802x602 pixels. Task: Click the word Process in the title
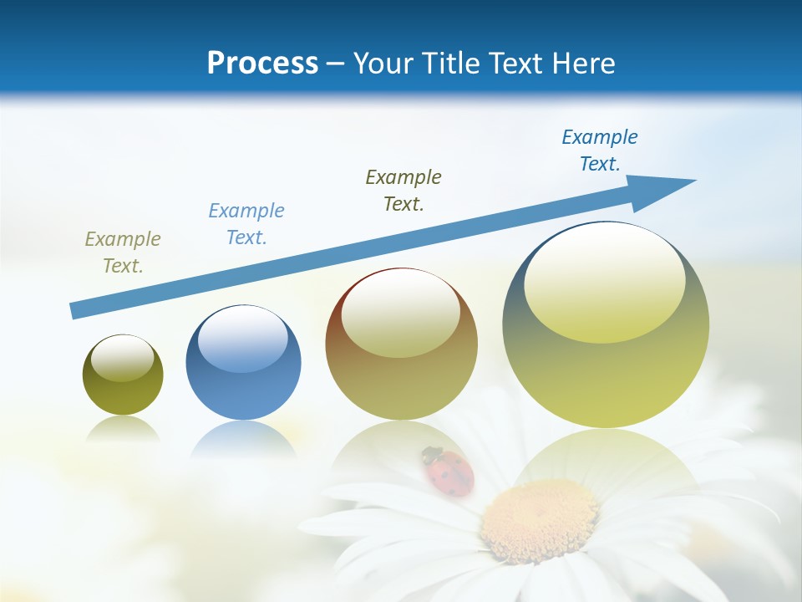click(x=262, y=64)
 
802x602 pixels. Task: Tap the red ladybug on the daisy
click(x=449, y=472)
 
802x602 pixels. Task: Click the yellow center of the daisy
click(x=540, y=518)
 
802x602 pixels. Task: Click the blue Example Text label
click(x=246, y=223)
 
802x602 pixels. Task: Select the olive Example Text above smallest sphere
click(x=123, y=252)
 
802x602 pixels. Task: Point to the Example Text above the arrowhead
click(x=600, y=150)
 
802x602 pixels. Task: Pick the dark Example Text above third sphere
click(x=404, y=190)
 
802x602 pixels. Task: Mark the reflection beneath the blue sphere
click(x=243, y=439)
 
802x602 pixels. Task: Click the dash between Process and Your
click(x=336, y=64)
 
